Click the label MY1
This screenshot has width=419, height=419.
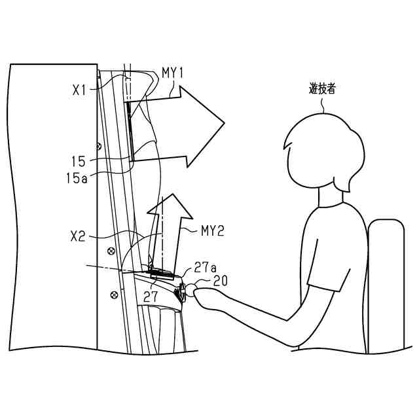172,73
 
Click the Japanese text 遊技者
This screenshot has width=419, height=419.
322,88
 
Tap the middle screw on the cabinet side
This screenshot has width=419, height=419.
111,250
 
